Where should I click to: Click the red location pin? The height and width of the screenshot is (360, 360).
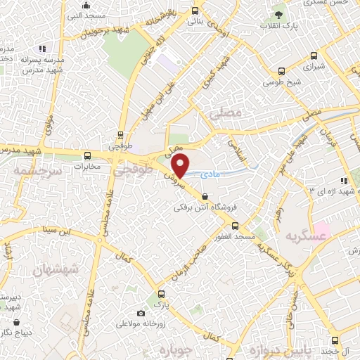tap(181, 166)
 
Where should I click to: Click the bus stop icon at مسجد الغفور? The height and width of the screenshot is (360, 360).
tap(235, 226)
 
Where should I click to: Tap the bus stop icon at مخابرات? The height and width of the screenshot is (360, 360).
tap(87, 155)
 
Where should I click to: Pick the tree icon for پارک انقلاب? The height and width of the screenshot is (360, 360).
tap(280, 13)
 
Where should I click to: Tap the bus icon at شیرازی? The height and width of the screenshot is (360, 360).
tap(282, 71)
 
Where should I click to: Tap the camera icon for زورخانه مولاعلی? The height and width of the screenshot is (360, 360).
tap(141, 313)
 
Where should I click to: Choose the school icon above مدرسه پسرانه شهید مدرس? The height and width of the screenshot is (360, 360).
tap(42, 49)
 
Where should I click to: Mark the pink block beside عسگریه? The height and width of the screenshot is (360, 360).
tap(322, 229)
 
